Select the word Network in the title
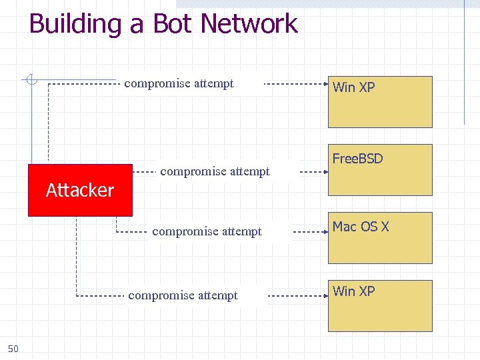click(249, 24)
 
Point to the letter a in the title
click(137, 25)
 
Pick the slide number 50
click(13, 349)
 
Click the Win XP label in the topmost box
click(353, 87)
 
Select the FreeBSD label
click(357, 159)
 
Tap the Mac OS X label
click(361, 227)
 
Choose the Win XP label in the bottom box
click(353, 291)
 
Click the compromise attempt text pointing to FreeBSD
click(215, 171)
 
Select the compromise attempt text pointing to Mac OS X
click(207, 231)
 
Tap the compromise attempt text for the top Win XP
click(179, 83)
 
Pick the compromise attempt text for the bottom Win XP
click(183, 295)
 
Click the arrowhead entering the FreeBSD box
click(325, 171)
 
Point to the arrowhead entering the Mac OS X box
click(325, 232)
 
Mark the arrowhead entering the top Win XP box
click(325, 84)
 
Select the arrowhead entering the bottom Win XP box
click(325, 295)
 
